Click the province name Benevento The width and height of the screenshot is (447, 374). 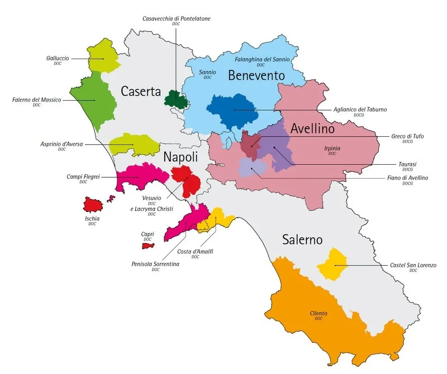point(256,75)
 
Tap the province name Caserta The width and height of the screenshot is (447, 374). point(141,92)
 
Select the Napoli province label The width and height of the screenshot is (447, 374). point(180,157)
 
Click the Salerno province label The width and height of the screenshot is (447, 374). point(302,240)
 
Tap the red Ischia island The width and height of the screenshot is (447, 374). point(93,204)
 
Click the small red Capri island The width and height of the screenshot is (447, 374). point(148,246)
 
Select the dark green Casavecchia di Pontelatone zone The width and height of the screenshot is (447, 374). point(176,100)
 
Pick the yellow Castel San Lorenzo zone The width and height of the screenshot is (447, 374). point(332,264)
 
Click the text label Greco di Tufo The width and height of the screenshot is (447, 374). point(407,136)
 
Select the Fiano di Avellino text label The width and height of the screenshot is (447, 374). point(408,178)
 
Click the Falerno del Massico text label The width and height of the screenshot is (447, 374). point(37,100)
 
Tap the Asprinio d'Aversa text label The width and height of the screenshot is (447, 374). point(61,144)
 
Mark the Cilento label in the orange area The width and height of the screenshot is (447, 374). point(318,313)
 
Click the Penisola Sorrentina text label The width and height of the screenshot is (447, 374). point(155,264)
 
